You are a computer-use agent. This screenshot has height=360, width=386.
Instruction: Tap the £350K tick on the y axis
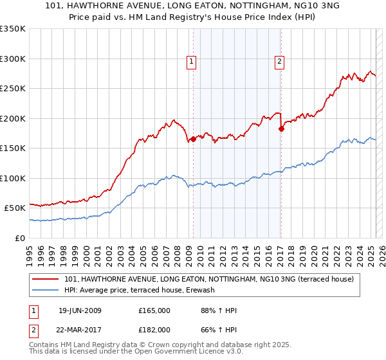coord(13,29)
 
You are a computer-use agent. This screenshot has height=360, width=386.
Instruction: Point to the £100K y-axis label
coord(13,178)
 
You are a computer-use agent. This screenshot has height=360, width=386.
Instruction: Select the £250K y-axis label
coord(13,89)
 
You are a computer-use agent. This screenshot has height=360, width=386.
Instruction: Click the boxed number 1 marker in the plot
coord(192,62)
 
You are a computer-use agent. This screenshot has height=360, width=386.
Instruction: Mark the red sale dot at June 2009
coord(194,139)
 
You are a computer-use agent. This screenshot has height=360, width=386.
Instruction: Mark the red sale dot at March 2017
coord(281,129)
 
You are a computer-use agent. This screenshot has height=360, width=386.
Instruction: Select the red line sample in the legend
coord(47,280)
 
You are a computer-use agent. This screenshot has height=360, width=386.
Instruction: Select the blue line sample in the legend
coord(47,291)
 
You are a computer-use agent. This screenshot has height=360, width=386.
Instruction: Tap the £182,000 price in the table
coord(154,329)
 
